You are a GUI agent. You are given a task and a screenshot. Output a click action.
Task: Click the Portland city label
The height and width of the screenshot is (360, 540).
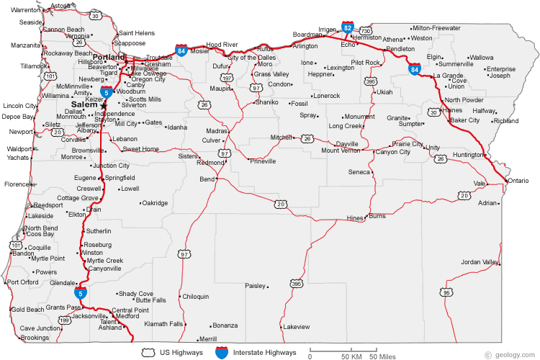pyautogui.click(x=108, y=57)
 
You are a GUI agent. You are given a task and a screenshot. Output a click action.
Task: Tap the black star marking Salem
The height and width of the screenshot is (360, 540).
pyautogui.click(x=104, y=105)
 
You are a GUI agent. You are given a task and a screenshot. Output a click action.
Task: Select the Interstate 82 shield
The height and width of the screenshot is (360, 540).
pyautogui.click(x=348, y=27)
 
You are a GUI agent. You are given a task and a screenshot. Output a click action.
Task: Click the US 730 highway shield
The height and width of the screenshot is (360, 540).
pyautogui.click(x=366, y=32)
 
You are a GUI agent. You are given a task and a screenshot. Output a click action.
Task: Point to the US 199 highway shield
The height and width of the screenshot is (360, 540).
pyautogui.click(x=66, y=319)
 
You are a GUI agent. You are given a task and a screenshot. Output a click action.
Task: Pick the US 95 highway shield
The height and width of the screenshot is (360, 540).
pyautogui.click(x=447, y=292)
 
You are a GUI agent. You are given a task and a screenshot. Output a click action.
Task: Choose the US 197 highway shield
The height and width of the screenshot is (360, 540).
pyautogui.click(x=228, y=77)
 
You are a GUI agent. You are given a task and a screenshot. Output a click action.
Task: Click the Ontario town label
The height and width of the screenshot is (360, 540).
pyautogui.click(x=518, y=180)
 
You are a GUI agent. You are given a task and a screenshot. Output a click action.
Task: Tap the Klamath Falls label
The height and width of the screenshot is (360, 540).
pyautogui.click(x=163, y=324)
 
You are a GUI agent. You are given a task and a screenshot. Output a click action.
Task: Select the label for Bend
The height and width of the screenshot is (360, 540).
pyautogui.click(x=207, y=179)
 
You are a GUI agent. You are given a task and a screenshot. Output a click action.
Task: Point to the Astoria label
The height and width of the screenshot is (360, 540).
pyautogui.click(x=61, y=6)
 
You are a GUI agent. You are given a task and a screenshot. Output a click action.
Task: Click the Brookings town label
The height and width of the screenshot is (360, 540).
pyautogui.click(x=35, y=338)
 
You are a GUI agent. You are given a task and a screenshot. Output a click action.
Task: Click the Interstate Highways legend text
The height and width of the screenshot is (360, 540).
pyautogui.click(x=265, y=353)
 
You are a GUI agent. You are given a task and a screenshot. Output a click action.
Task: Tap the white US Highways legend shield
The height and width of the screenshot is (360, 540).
pyautogui.click(x=150, y=353)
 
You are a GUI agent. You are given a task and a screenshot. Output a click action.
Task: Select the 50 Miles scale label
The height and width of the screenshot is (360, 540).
pyautogui.click(x=382, y=356)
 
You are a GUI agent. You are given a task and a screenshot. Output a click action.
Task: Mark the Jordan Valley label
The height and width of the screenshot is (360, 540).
pyautogui.click(x=480, y=261)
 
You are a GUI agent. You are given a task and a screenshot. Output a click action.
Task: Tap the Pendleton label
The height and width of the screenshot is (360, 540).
pyautogui.click(x=400, y=49)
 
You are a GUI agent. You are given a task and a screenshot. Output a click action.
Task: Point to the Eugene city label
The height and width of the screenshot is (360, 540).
pyautogui.click(x=84, y=177)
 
